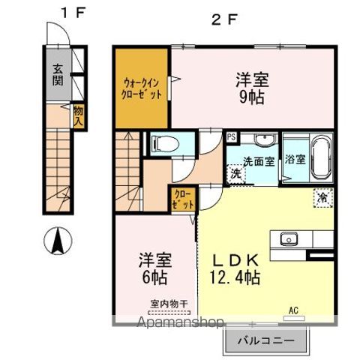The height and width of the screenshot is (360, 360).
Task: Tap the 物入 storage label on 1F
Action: point(77,116)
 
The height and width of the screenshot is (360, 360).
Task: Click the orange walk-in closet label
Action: point(142,88)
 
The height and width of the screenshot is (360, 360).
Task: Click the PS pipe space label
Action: point(232,137)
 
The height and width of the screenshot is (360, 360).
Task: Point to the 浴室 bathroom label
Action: point(295,160)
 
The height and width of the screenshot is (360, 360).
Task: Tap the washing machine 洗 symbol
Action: point(236,174)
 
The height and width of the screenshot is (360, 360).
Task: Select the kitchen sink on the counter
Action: point(289,239)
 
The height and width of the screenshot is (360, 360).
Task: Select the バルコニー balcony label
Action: point(266,342)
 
